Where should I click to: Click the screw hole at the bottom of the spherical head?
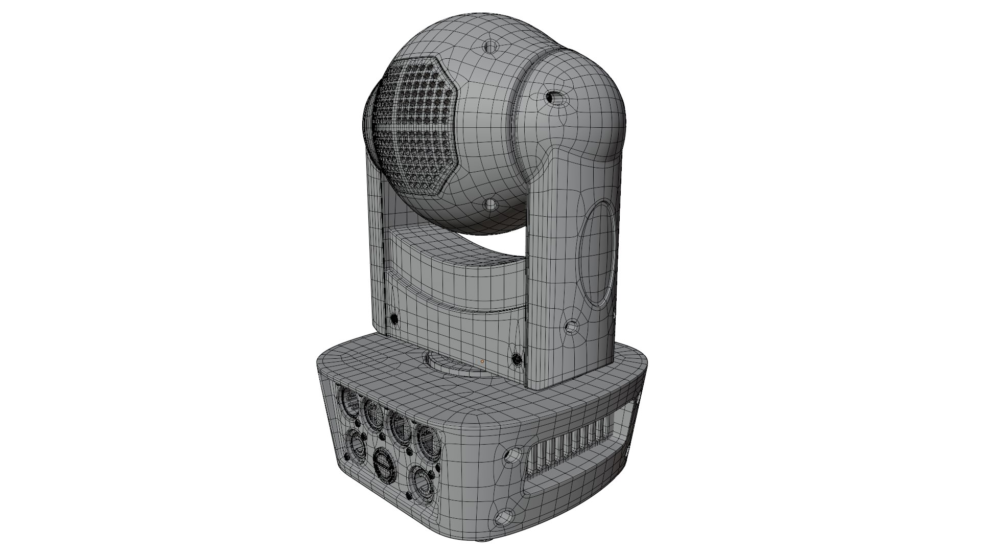tap(491, 205)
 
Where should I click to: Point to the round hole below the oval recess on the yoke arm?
tap(572, 325)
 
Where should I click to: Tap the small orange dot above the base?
tap(482, 361)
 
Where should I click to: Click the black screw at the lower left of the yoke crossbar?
tap(394, 319)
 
